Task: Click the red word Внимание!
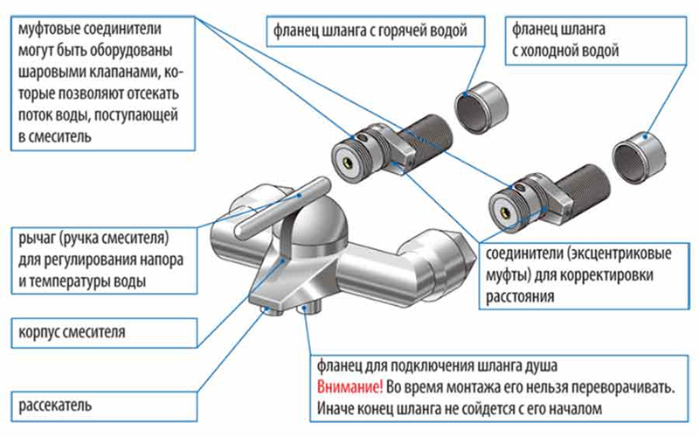(x=345, y=386)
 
